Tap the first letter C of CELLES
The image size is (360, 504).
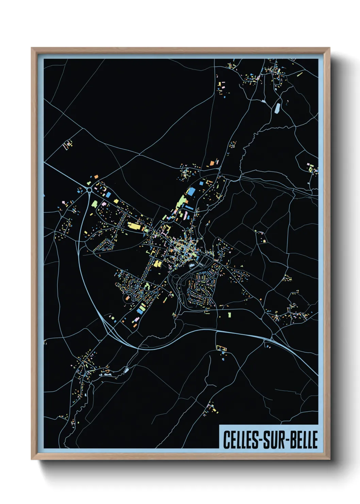tap(226, 440)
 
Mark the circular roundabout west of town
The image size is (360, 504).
tap(89, 189)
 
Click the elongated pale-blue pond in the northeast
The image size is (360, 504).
tap(277, 108)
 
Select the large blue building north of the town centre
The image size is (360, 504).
tap(191, 192)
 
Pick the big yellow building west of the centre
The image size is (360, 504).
tap(133, 226)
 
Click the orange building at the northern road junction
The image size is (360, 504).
tap(212, 163)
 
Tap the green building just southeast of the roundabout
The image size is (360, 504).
tap(94, 204)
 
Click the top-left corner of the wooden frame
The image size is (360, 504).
tap(32, 48)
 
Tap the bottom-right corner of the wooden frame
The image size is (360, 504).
tap(329, 459)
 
